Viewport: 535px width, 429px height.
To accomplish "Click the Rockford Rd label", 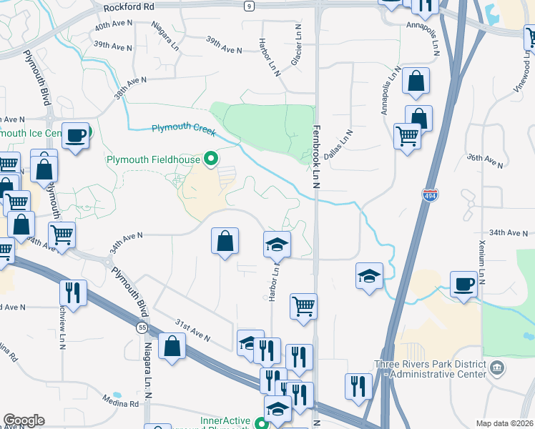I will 129,7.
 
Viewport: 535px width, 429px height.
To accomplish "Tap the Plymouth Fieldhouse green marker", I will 210,159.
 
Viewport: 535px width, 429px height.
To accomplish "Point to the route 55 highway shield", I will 143,327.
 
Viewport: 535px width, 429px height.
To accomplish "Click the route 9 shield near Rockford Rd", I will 249,6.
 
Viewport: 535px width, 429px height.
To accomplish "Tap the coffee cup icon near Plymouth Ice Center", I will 74,135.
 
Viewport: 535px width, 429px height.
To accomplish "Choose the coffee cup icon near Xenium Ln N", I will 463,285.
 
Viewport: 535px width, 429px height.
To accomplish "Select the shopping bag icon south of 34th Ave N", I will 225,241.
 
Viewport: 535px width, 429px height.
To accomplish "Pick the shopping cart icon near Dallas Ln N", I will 407,135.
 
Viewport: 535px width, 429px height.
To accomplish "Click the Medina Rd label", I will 119,403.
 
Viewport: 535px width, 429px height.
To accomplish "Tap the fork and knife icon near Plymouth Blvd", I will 73,292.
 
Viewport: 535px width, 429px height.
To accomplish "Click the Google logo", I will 24,420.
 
